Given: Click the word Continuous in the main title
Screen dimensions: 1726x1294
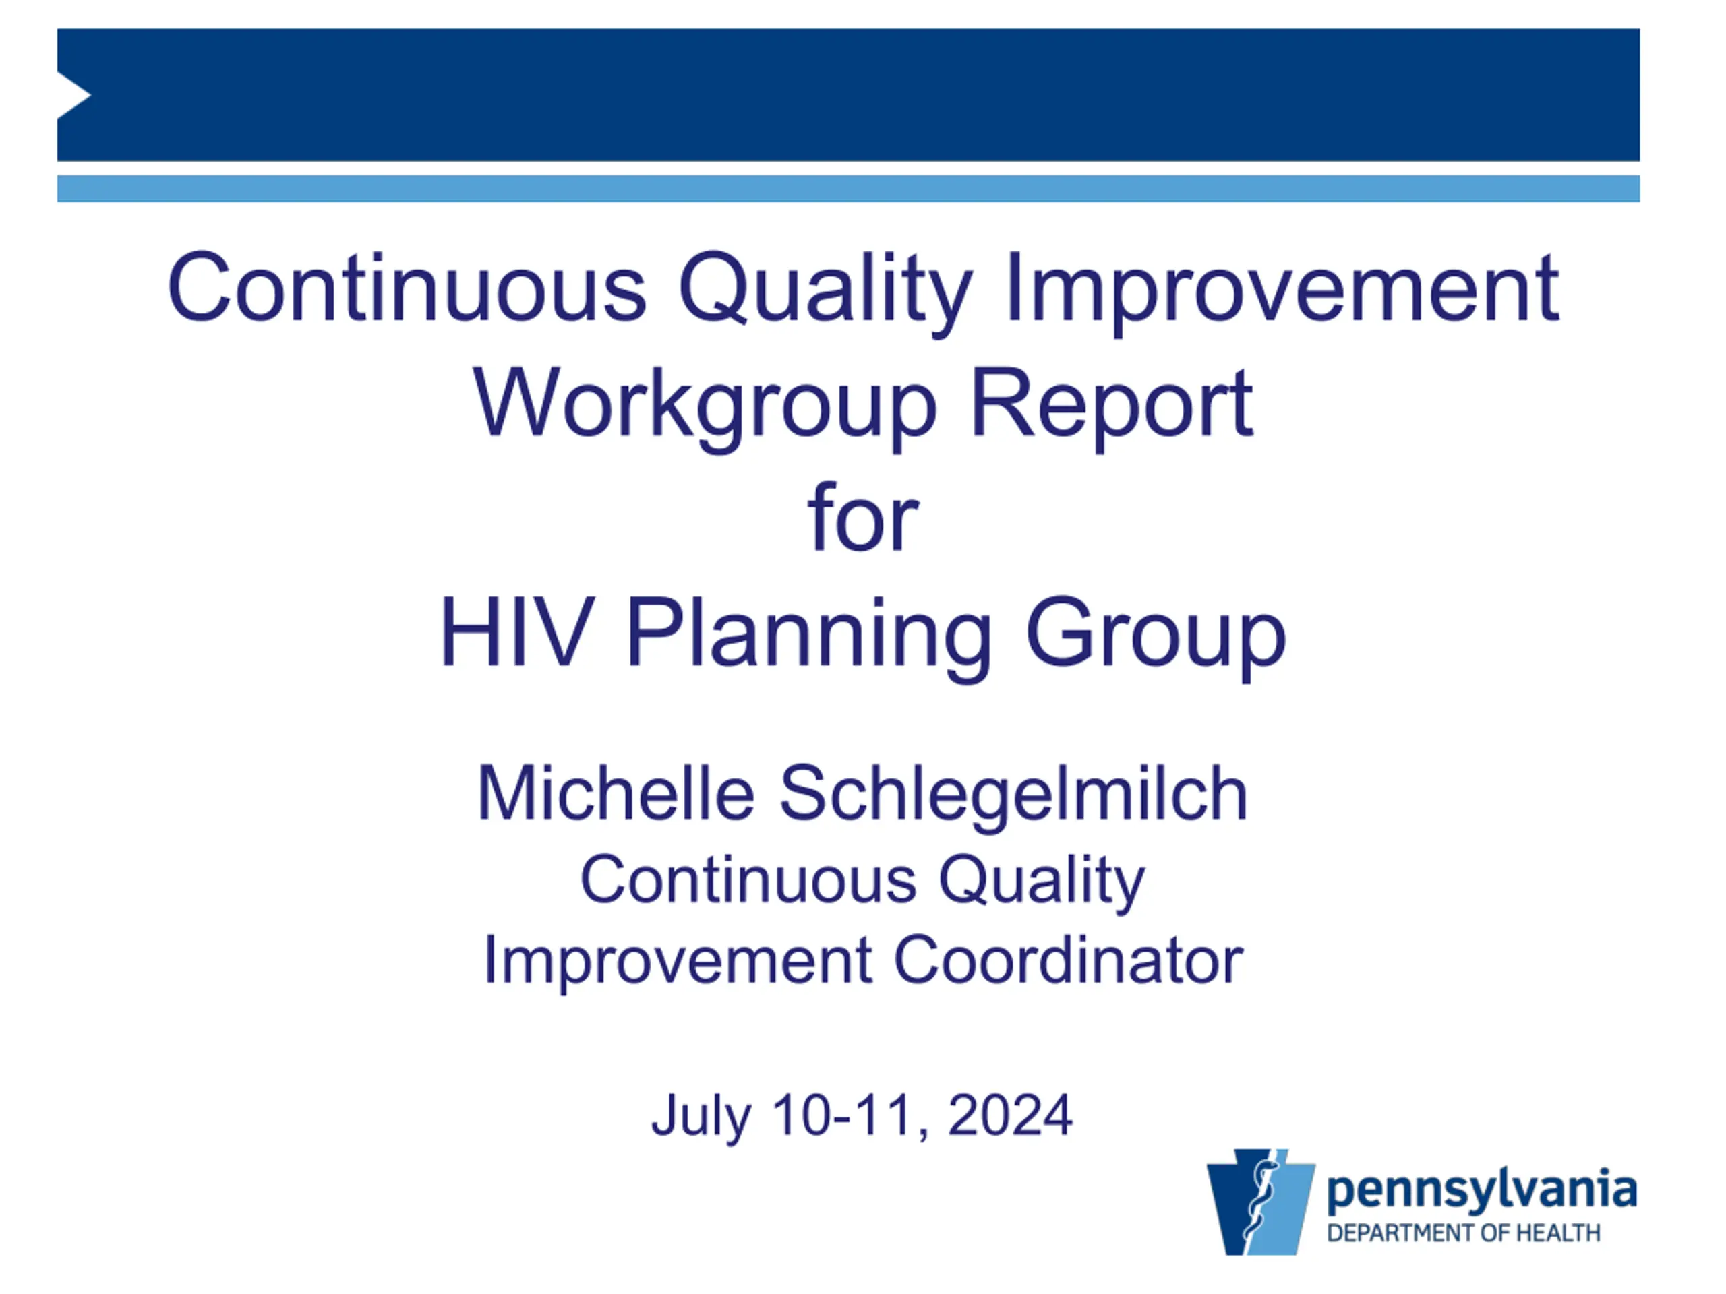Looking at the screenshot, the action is [407, 287].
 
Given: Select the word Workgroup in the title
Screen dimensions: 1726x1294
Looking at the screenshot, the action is [704, 406].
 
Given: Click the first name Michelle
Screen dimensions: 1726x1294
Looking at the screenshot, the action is [616, 793].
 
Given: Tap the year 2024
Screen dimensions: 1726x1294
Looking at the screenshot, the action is [1010, 1115].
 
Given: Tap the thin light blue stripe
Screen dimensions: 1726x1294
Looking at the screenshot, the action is [848, 189].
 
